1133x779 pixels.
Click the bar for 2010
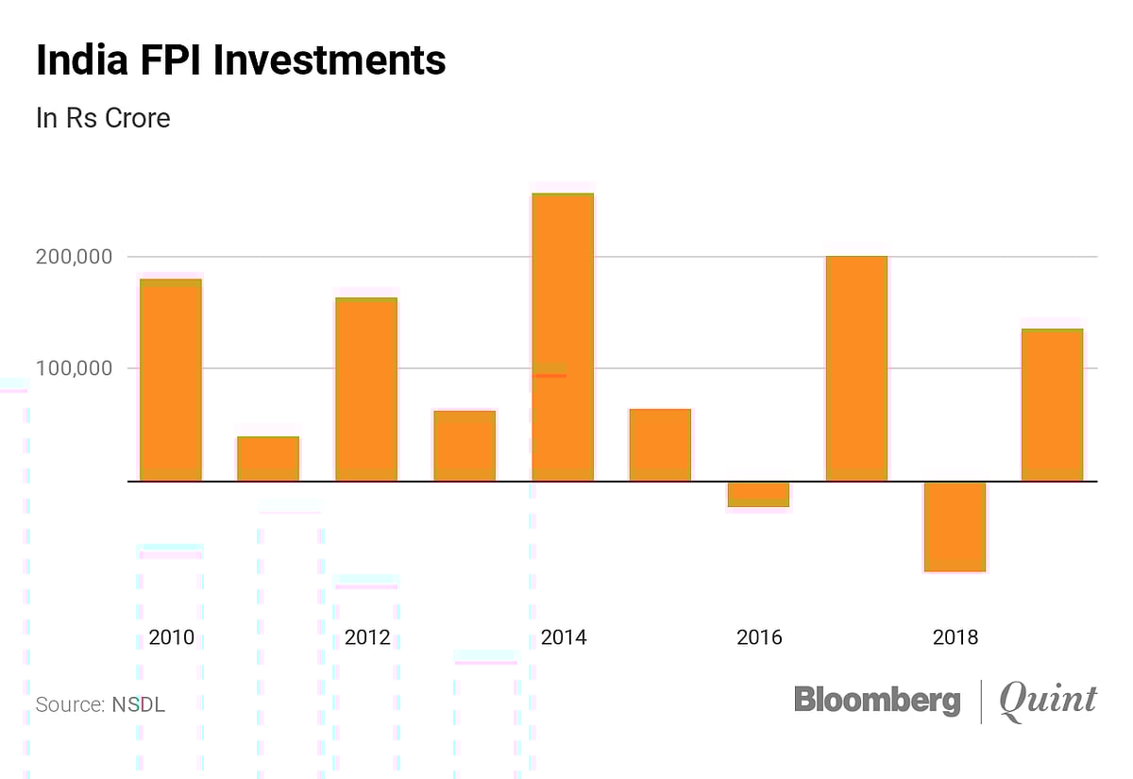[x=171, y=380]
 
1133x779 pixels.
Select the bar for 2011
[x=268, y=459]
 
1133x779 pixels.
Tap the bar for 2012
[x=366, y=389]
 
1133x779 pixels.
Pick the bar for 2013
[x=465, y=446]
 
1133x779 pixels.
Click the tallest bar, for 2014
[x=563, y=337]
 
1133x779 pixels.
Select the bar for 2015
[x=660, y=445]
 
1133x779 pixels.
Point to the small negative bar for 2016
[x=758, y=494]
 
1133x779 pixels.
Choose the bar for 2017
[x=856, y=368]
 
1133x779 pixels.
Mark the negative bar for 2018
[x=955, y=526]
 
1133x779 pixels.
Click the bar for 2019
[x=1052, y=404]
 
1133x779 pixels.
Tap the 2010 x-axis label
[x=171, y=637]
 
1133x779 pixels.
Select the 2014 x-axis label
[x=563, y=637]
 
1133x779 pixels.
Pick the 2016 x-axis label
[x=759, y=637]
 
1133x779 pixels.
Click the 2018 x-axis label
[x=955, y=637]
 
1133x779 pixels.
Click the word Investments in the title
[x=330, y=61]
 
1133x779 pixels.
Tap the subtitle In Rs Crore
[x=103, y=119]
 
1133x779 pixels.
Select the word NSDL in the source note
[x=139, y=704]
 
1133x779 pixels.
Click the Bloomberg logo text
[x=877, y=700]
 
